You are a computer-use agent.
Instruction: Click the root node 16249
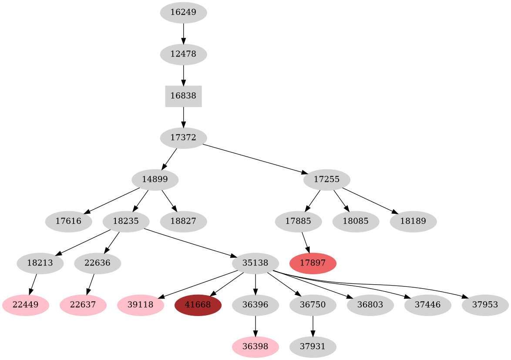pos(183,13)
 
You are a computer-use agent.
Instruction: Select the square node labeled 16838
pos(183,96)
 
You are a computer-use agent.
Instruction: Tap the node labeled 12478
pos(183,54)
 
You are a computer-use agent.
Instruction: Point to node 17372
pos(183,138)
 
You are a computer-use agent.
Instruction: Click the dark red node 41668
pos(198,305)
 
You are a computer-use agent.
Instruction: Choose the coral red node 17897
pos(313,263)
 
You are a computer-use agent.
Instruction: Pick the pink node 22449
pos(25,305)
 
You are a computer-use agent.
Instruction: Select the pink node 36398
pos(255,347)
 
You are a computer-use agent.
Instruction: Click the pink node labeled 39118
pos(141,305)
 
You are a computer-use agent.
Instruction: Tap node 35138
pos(255,263)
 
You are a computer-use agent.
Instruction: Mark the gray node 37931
pos(313,347)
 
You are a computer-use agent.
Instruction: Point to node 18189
pos(413,222)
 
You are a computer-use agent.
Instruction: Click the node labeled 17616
pos(68,222)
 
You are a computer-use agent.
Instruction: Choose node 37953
pos(485,305)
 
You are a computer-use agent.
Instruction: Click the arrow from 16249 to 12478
pos(183,34)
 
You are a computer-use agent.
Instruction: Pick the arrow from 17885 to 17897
pos(306,242)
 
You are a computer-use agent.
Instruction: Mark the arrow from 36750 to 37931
pos(313,326)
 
